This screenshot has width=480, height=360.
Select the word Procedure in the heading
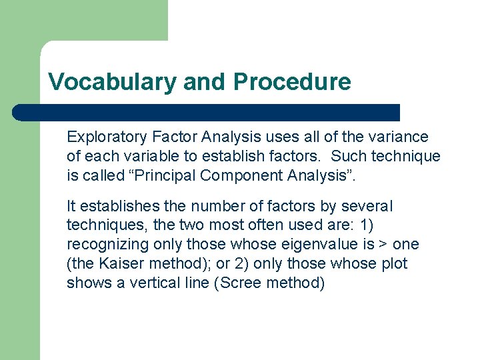coord(291,82)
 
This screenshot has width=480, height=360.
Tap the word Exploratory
coord(106,137)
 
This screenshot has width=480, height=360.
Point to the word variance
coord(401,137)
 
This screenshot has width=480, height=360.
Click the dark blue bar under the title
coord(207,112)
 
